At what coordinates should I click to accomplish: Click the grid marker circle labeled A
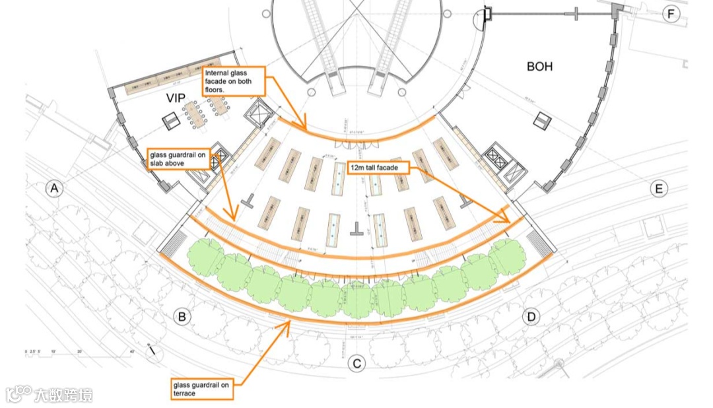click(55, 189)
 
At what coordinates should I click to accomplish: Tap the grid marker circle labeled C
click(356, 363)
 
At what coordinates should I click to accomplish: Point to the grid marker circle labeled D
click(531, 317)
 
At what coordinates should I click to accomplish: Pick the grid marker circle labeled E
click(658, 189)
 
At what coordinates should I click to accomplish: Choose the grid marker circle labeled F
click(671, 14)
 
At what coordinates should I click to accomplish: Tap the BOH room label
click(539, 67)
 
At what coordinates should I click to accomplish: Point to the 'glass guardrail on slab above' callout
click(180, 160)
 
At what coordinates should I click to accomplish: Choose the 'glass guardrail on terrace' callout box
click(202, 390)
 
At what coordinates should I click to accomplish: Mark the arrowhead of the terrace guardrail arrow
click(288, 326)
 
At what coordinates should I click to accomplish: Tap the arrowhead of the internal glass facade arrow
click(305, 127)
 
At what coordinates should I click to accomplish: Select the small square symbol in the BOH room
click(542, 120)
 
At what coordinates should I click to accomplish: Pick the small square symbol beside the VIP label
click(170, 119)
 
